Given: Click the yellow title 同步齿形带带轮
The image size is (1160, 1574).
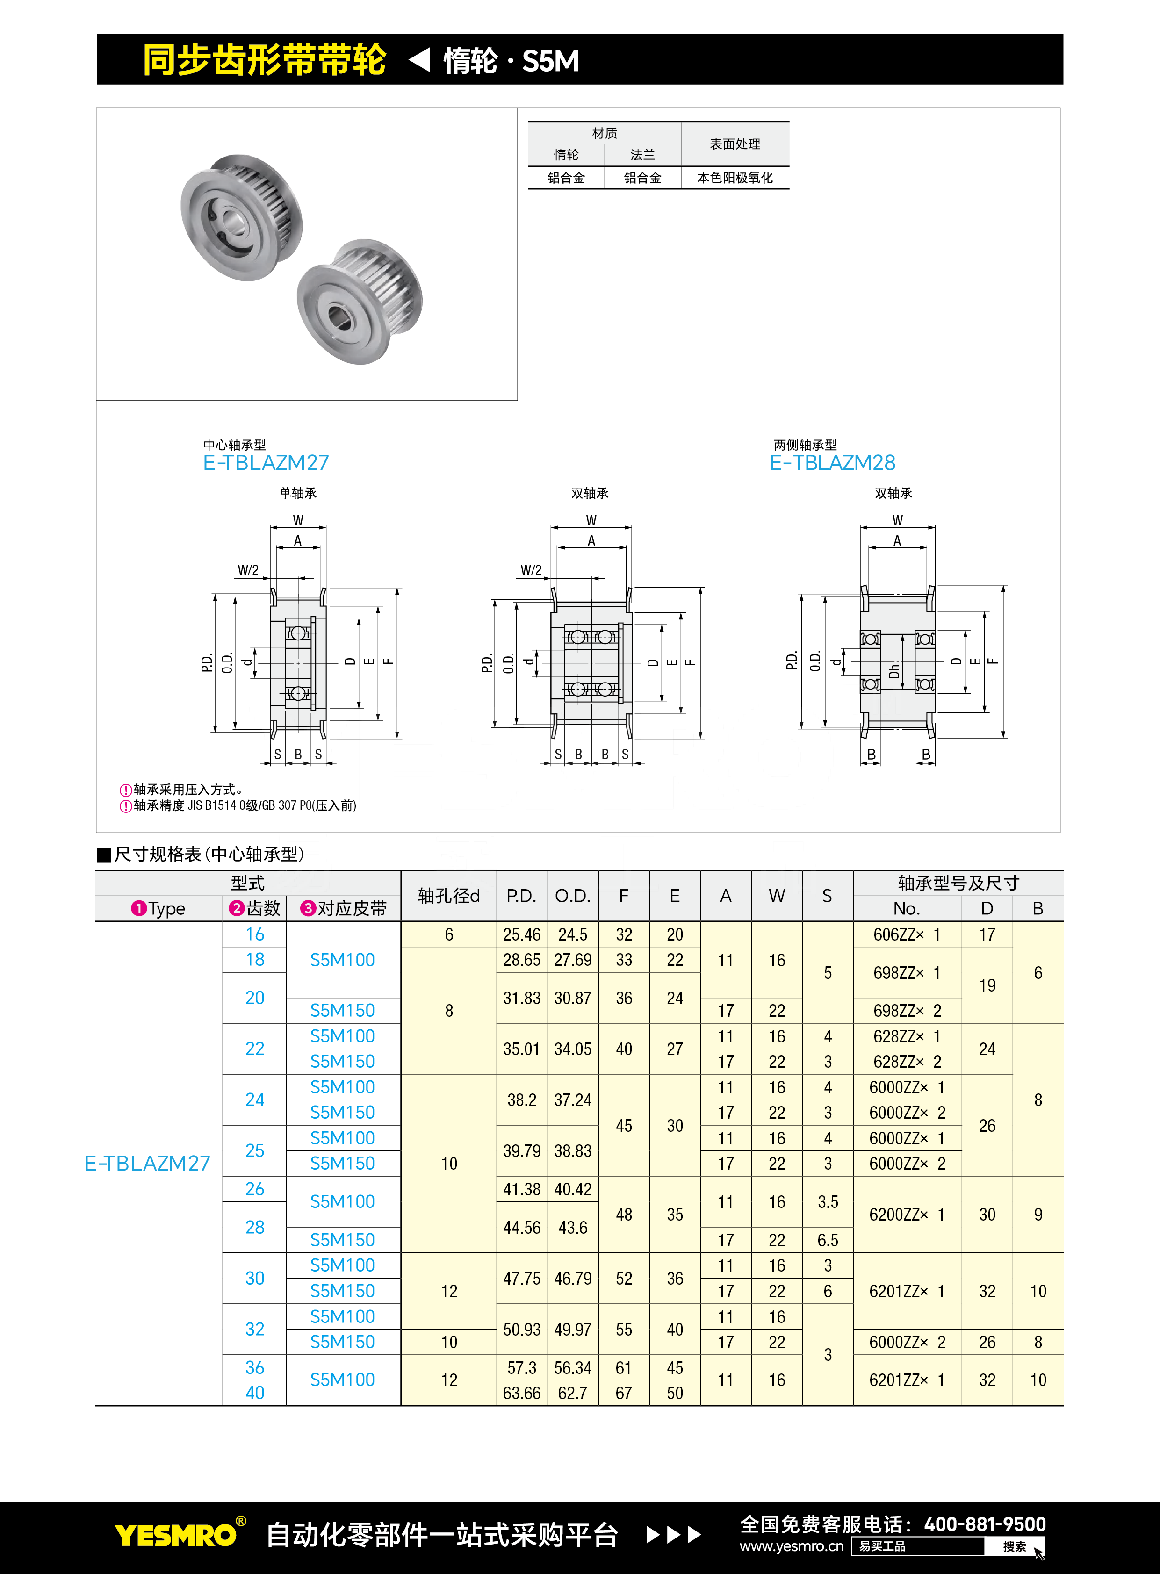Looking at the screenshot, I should (264, 60).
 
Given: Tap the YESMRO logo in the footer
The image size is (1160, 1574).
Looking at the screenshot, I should (175, 1535).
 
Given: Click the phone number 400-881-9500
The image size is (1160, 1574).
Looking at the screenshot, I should (985, 1524).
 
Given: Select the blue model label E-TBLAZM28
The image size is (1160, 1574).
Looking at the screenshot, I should (832, 463).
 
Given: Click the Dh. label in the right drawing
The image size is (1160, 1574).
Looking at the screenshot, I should (894, 670).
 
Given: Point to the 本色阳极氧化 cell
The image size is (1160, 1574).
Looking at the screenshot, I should (735, 178).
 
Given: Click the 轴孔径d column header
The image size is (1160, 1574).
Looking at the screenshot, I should (449, 896).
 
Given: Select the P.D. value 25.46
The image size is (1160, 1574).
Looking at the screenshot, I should (522, 934).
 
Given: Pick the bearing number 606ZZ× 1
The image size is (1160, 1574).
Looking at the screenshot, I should (907, 934).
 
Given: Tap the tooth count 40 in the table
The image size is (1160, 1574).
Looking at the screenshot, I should (255, 1393).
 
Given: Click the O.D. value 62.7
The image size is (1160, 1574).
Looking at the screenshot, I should (573, 1393).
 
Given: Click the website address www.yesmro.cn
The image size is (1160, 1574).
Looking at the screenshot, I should (792, 1546).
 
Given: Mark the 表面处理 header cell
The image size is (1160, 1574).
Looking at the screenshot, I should (735, 144).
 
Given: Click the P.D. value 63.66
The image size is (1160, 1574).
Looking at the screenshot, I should (522, 1393).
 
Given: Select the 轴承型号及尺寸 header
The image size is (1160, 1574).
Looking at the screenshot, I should (958, 883).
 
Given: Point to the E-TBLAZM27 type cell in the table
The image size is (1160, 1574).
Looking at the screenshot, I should (147, 1163).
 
